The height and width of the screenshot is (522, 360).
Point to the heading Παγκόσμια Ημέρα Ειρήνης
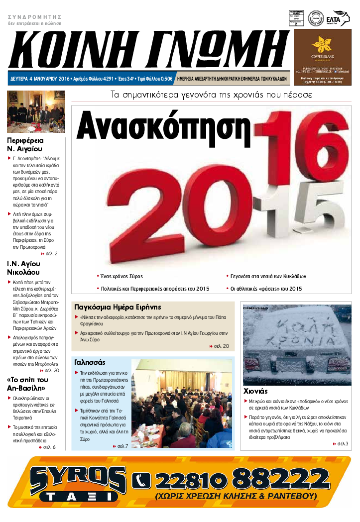click(x=118, y=307)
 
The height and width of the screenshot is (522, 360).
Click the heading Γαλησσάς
click(x=89, y=362)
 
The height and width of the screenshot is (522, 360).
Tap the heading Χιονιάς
click(x=256, y=391)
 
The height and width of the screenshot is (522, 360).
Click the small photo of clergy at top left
click(x=36, y=111)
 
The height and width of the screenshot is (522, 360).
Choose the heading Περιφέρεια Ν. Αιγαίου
click(x=25, y=144)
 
